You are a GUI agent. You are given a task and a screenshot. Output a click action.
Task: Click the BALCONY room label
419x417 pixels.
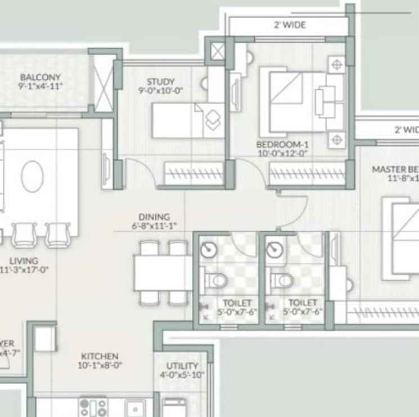click(x=40, y=77)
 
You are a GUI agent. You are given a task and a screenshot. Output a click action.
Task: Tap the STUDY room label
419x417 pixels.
click(x=161, y=81)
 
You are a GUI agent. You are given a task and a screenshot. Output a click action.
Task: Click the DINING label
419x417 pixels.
click(x=154, y=217)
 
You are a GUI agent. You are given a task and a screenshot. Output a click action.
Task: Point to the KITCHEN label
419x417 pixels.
click(x=100, y=356)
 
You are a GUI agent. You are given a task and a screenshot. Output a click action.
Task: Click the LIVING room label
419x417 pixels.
click(x=24, y=261)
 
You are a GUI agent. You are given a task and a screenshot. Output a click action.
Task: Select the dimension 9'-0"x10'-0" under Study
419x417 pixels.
click(x=161, y=90)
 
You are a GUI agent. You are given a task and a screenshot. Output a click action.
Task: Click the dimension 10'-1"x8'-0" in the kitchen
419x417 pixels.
click(x=100, y=365)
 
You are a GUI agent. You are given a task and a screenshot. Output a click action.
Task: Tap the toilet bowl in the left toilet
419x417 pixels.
click(x=215, y=279)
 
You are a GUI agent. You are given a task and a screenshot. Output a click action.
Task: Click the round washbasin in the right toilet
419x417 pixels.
click(x=274, y=250)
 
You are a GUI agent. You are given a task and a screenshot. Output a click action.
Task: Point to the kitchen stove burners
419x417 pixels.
click(x=93, y=406)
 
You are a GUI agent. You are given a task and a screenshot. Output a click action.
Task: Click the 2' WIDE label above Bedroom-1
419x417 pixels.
click(x=289, y=25)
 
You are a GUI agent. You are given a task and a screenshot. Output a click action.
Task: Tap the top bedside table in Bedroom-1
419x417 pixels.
click(x=337, y=65)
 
